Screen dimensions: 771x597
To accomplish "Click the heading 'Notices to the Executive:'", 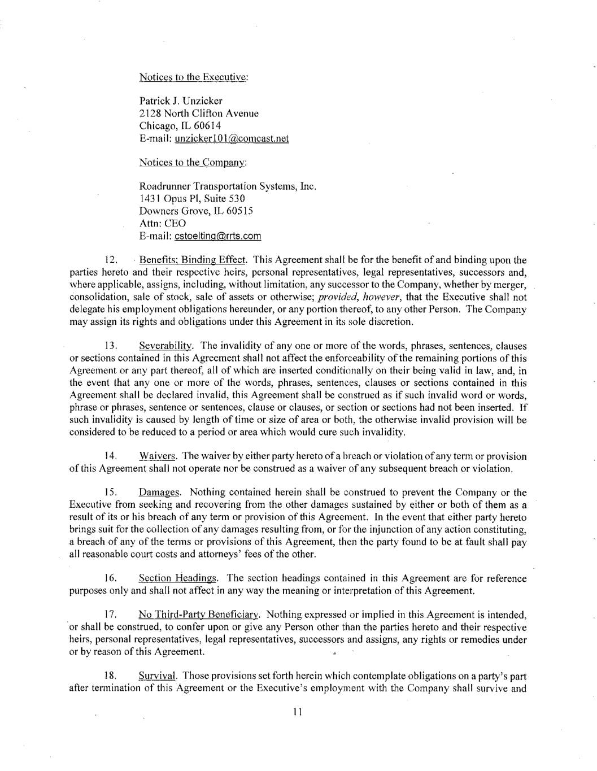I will [194, 77].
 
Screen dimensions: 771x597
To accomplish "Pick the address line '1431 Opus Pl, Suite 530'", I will [192, 199].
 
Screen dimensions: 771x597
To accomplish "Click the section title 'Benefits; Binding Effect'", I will [193, 260].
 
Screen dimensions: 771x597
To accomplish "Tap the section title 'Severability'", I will [167, 346].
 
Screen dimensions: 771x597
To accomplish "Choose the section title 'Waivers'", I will [158, 456].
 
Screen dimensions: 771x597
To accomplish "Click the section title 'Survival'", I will [158, 676].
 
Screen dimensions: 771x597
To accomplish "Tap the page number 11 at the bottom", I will [298, 712].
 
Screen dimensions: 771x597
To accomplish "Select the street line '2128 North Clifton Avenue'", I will [199, 114].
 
